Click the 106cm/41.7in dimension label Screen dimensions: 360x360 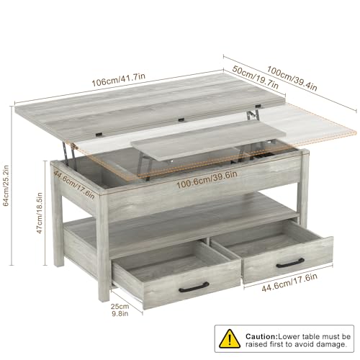pyautogui.click(x=119, y=80)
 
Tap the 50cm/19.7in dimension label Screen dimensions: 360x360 pyautogui.click(x=256, y=77)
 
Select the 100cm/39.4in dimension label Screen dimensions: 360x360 pyautogui.click(x=292, y=78)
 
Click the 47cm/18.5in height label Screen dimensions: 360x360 pyautogui.click(x=40, y=212)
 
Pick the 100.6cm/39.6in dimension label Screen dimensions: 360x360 pyautogui.click(x=207, y=179)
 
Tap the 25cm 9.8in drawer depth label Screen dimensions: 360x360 pyautogui.click(x=120, y=310)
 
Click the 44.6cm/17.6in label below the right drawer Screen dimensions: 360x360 pyautogui.click(x=289, y=282)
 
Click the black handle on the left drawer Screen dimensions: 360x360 pyautogui.click(x=194, y=287)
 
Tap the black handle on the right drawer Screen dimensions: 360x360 pyautogui.click(x=290, y=263)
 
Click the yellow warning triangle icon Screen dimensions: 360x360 pyautogui.click(x=230, y=339)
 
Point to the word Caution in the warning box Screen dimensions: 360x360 pyautogui.click(x=261, y=336)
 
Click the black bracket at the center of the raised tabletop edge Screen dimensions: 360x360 pyautogui.click(x=181, y=120)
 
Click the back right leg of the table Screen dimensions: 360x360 pyautogui.click(x=304, y=187)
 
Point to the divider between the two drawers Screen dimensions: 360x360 pyautogui.click(x=207, y=240)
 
